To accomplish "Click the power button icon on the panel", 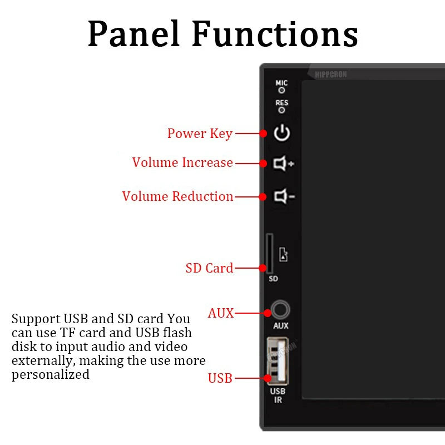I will point(282,133).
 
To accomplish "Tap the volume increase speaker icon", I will point(283,164).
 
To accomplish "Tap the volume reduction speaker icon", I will point(283,196).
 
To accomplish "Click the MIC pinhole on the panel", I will point(281,90).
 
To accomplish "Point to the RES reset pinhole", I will point(281,110).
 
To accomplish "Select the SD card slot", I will point(270,254).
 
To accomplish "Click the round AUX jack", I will point(281,310).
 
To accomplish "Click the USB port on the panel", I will point(277,361).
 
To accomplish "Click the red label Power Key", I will point(200,133).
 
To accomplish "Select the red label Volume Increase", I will point(182,162).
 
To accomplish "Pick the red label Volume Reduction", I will point(177,196).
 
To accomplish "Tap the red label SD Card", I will point(209,268).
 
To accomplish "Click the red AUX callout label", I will point(221,313).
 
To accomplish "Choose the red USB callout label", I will point(220,378).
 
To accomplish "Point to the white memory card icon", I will point(283,255).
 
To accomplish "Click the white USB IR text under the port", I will point(278,395).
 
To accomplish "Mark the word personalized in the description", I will point(51,374).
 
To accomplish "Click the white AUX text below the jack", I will point(281,326).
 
